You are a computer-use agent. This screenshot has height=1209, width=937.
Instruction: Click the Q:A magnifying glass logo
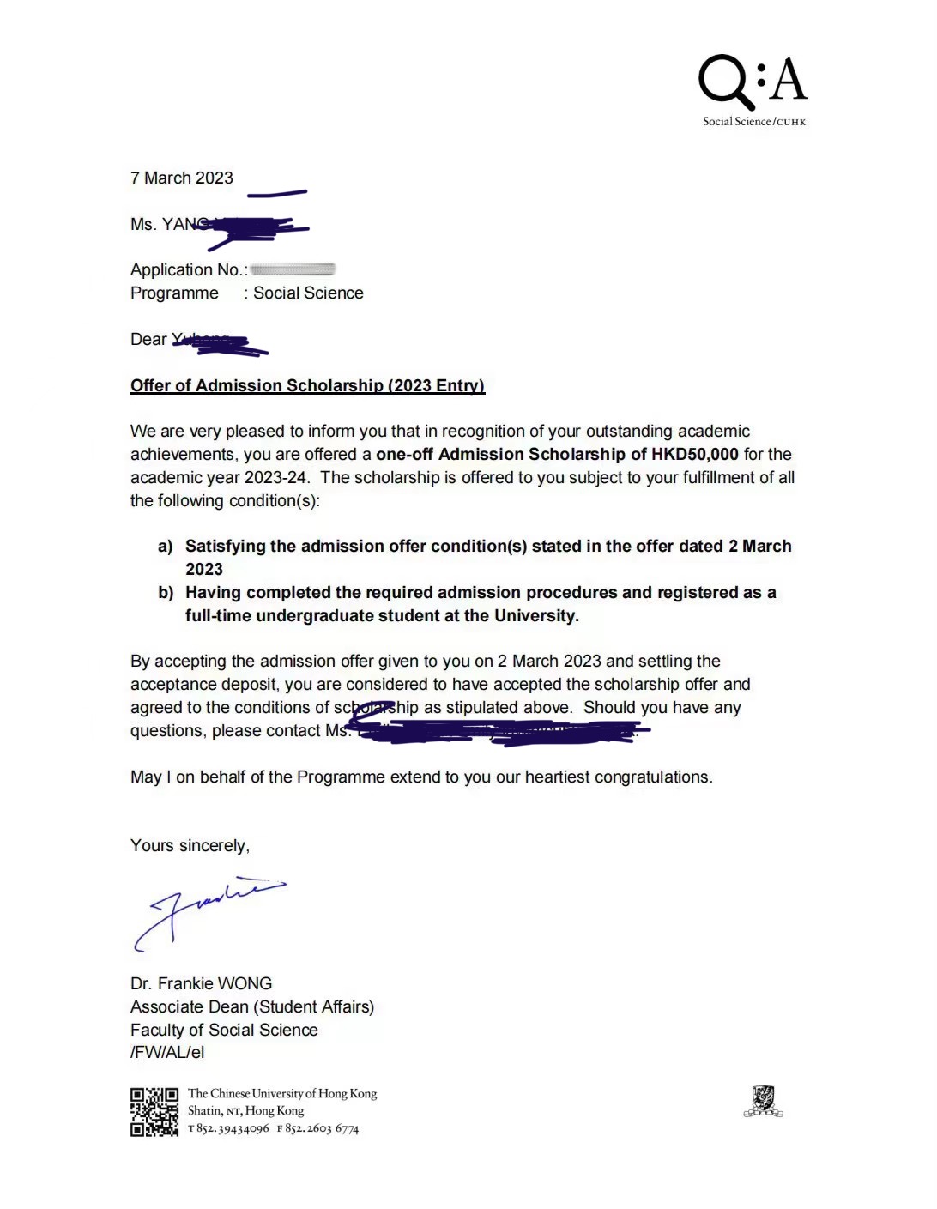[753, 83]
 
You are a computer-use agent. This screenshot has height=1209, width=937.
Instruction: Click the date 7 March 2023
[182, 178]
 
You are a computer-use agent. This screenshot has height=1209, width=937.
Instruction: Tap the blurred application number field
[292, 269]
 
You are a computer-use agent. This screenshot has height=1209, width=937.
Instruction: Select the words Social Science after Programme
[308, 293]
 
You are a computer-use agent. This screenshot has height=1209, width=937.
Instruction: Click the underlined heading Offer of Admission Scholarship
[307, 386]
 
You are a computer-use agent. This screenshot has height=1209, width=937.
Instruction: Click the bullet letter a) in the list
[166, 547]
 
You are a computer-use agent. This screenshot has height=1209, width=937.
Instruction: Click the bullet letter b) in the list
[166, 593]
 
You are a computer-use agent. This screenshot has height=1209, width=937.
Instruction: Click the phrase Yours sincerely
[190, 846]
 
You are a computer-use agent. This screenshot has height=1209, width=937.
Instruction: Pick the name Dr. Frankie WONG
[201, 984]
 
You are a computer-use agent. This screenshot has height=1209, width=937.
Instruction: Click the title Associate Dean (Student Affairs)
[252, 1007]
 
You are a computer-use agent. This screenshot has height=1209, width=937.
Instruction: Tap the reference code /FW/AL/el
[167, 1053]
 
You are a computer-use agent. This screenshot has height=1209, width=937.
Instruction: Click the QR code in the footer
[154, 1112]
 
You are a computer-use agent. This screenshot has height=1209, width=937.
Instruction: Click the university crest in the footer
[763, 1101]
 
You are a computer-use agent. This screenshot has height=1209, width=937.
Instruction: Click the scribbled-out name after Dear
[220, 342]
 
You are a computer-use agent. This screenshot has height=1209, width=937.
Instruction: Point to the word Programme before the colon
[174, 293]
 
